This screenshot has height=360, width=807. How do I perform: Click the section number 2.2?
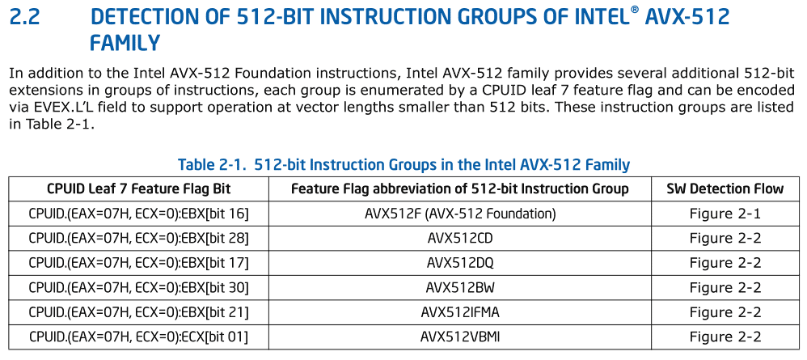point(24,18)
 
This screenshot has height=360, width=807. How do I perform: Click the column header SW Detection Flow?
point(725,189)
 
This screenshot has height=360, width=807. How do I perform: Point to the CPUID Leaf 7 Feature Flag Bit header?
point(139,189)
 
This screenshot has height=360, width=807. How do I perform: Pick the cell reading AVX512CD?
point(460,239)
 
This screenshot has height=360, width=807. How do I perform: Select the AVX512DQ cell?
point(460,263)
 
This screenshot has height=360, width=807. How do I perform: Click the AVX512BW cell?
point(460,287)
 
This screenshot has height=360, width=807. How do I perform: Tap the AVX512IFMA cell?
point(460,312)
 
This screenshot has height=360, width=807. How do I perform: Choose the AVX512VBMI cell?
point(460,337)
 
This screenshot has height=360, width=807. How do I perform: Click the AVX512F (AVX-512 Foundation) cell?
point(460,214)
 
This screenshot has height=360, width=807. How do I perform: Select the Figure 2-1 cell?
point(725,214)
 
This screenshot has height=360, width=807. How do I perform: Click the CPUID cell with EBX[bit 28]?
point(138,239)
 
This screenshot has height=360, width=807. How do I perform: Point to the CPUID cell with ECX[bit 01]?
point(138,337)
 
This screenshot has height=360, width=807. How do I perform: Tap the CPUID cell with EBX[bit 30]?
point(138,287)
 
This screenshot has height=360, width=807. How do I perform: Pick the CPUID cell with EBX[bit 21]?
point(138,312)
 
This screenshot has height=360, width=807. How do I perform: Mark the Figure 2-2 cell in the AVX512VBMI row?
point(725,337)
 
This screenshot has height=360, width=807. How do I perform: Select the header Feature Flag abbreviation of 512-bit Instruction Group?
point(460,189)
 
